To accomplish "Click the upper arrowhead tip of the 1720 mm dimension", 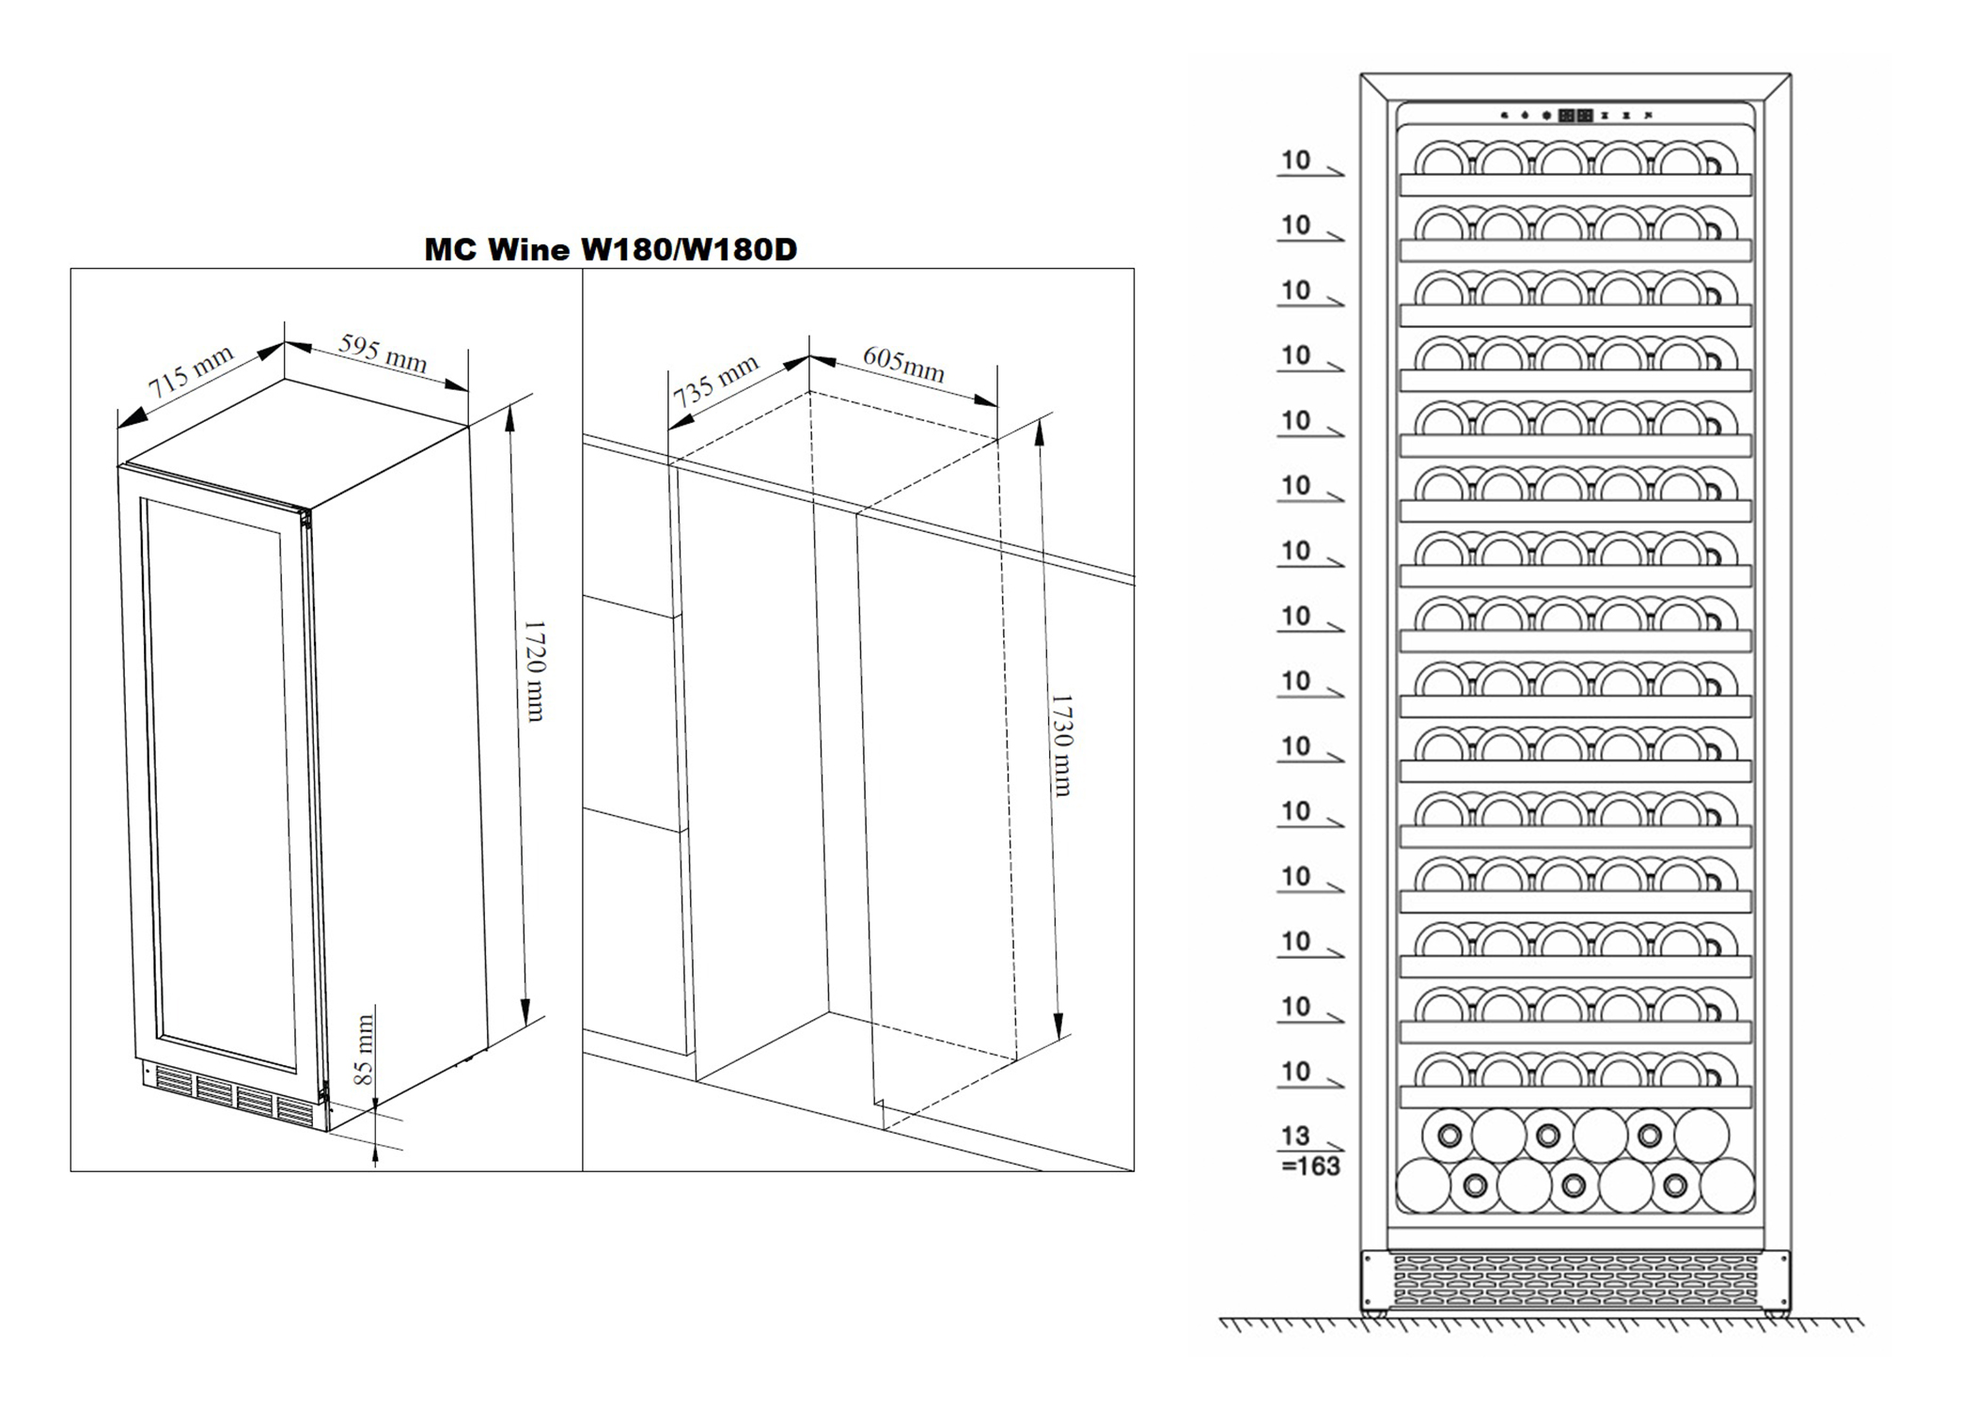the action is [509, 405].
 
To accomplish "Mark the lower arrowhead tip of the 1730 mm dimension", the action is [1059, 1039].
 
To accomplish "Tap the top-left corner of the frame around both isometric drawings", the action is [70, 269].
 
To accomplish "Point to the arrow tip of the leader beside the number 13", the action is [1344, 1151].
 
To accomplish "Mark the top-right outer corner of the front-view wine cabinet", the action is [1791, 74].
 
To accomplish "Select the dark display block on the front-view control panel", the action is [1575, 116].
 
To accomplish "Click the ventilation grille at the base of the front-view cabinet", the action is [1574, 1280].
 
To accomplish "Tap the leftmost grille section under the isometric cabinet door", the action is [173, 1082].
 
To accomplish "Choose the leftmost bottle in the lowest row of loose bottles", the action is [1423, 1185].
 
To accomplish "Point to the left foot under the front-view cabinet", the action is [1374, 1312].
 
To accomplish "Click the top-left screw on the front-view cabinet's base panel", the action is [1368, 1258].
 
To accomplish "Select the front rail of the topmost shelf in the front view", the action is [1575, 184].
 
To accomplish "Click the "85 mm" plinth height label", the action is [365, 1049].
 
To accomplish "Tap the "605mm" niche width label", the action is [904, 364].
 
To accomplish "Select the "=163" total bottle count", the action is [1310, 1167].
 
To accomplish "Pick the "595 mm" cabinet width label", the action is [383, 352].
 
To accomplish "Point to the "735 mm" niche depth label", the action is [715, 381].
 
